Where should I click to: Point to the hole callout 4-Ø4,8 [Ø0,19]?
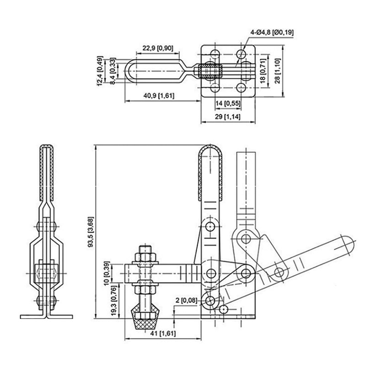tap(272, 32)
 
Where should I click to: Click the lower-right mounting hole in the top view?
tap(242, 86)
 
